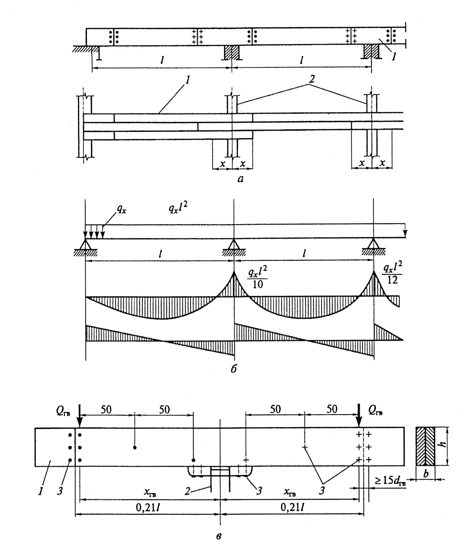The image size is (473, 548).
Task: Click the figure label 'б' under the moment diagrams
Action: pos(233,368)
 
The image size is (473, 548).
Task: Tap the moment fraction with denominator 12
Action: pos(392,273)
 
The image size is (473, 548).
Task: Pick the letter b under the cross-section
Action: pos(426,474)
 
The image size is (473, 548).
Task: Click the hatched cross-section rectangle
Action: pos(425,446)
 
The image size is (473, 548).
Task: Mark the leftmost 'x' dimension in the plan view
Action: pos(223,163)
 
